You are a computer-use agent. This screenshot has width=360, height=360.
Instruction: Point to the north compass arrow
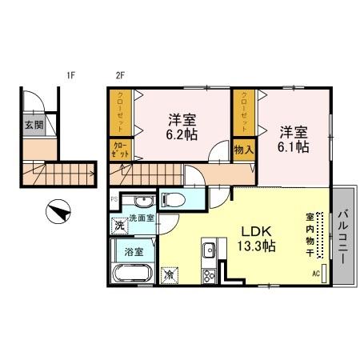(59, 214)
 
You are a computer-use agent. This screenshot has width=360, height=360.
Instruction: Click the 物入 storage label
(244, 149)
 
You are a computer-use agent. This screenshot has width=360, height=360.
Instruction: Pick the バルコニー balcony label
(345, 238)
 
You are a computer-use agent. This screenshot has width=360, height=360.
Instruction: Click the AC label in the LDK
(314, 274)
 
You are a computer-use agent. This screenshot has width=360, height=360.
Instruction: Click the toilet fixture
(174, 199)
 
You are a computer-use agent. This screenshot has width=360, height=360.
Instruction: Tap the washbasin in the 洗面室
(142, 202)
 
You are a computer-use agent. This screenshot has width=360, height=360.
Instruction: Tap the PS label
(114, 198)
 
